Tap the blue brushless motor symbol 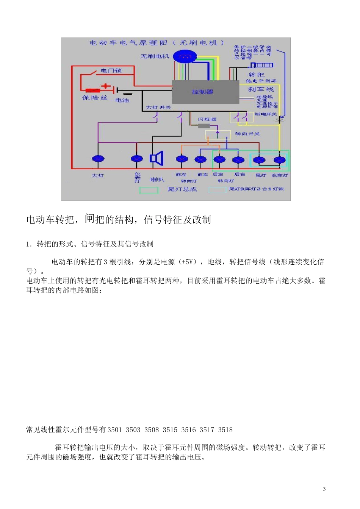pos(185,57)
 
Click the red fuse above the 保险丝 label pos(93,91)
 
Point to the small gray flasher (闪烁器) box pos(204,126)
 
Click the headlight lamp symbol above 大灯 pos(98,159)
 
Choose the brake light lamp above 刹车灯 pos(280,160)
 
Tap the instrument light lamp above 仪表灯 pos(137,159)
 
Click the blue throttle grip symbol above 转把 pos(261,66)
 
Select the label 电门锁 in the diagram pos(111,70)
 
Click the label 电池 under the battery pos(122,100)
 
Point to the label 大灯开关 pos(158,108)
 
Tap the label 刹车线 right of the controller pos(261,89)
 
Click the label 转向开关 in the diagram pos(247,134)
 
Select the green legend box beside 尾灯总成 pos(149,190)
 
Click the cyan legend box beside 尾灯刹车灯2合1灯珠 pos(217,189)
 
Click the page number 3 pos(324,489)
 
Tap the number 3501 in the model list pos(115,430)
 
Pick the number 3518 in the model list pos(225,430)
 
